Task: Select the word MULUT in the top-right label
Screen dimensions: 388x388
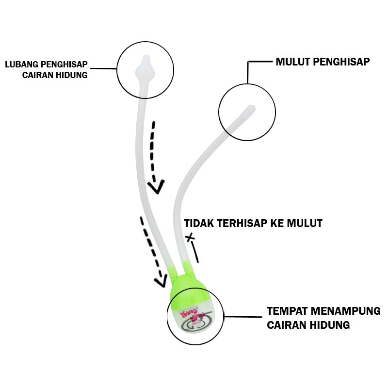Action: click(x=293, y=62)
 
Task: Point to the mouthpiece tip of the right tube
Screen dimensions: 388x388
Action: click(x=250, y=109)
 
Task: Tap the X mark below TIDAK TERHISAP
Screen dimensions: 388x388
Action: click(x=191, y=238)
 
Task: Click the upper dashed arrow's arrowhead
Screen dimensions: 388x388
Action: click(x=156, y=187)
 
